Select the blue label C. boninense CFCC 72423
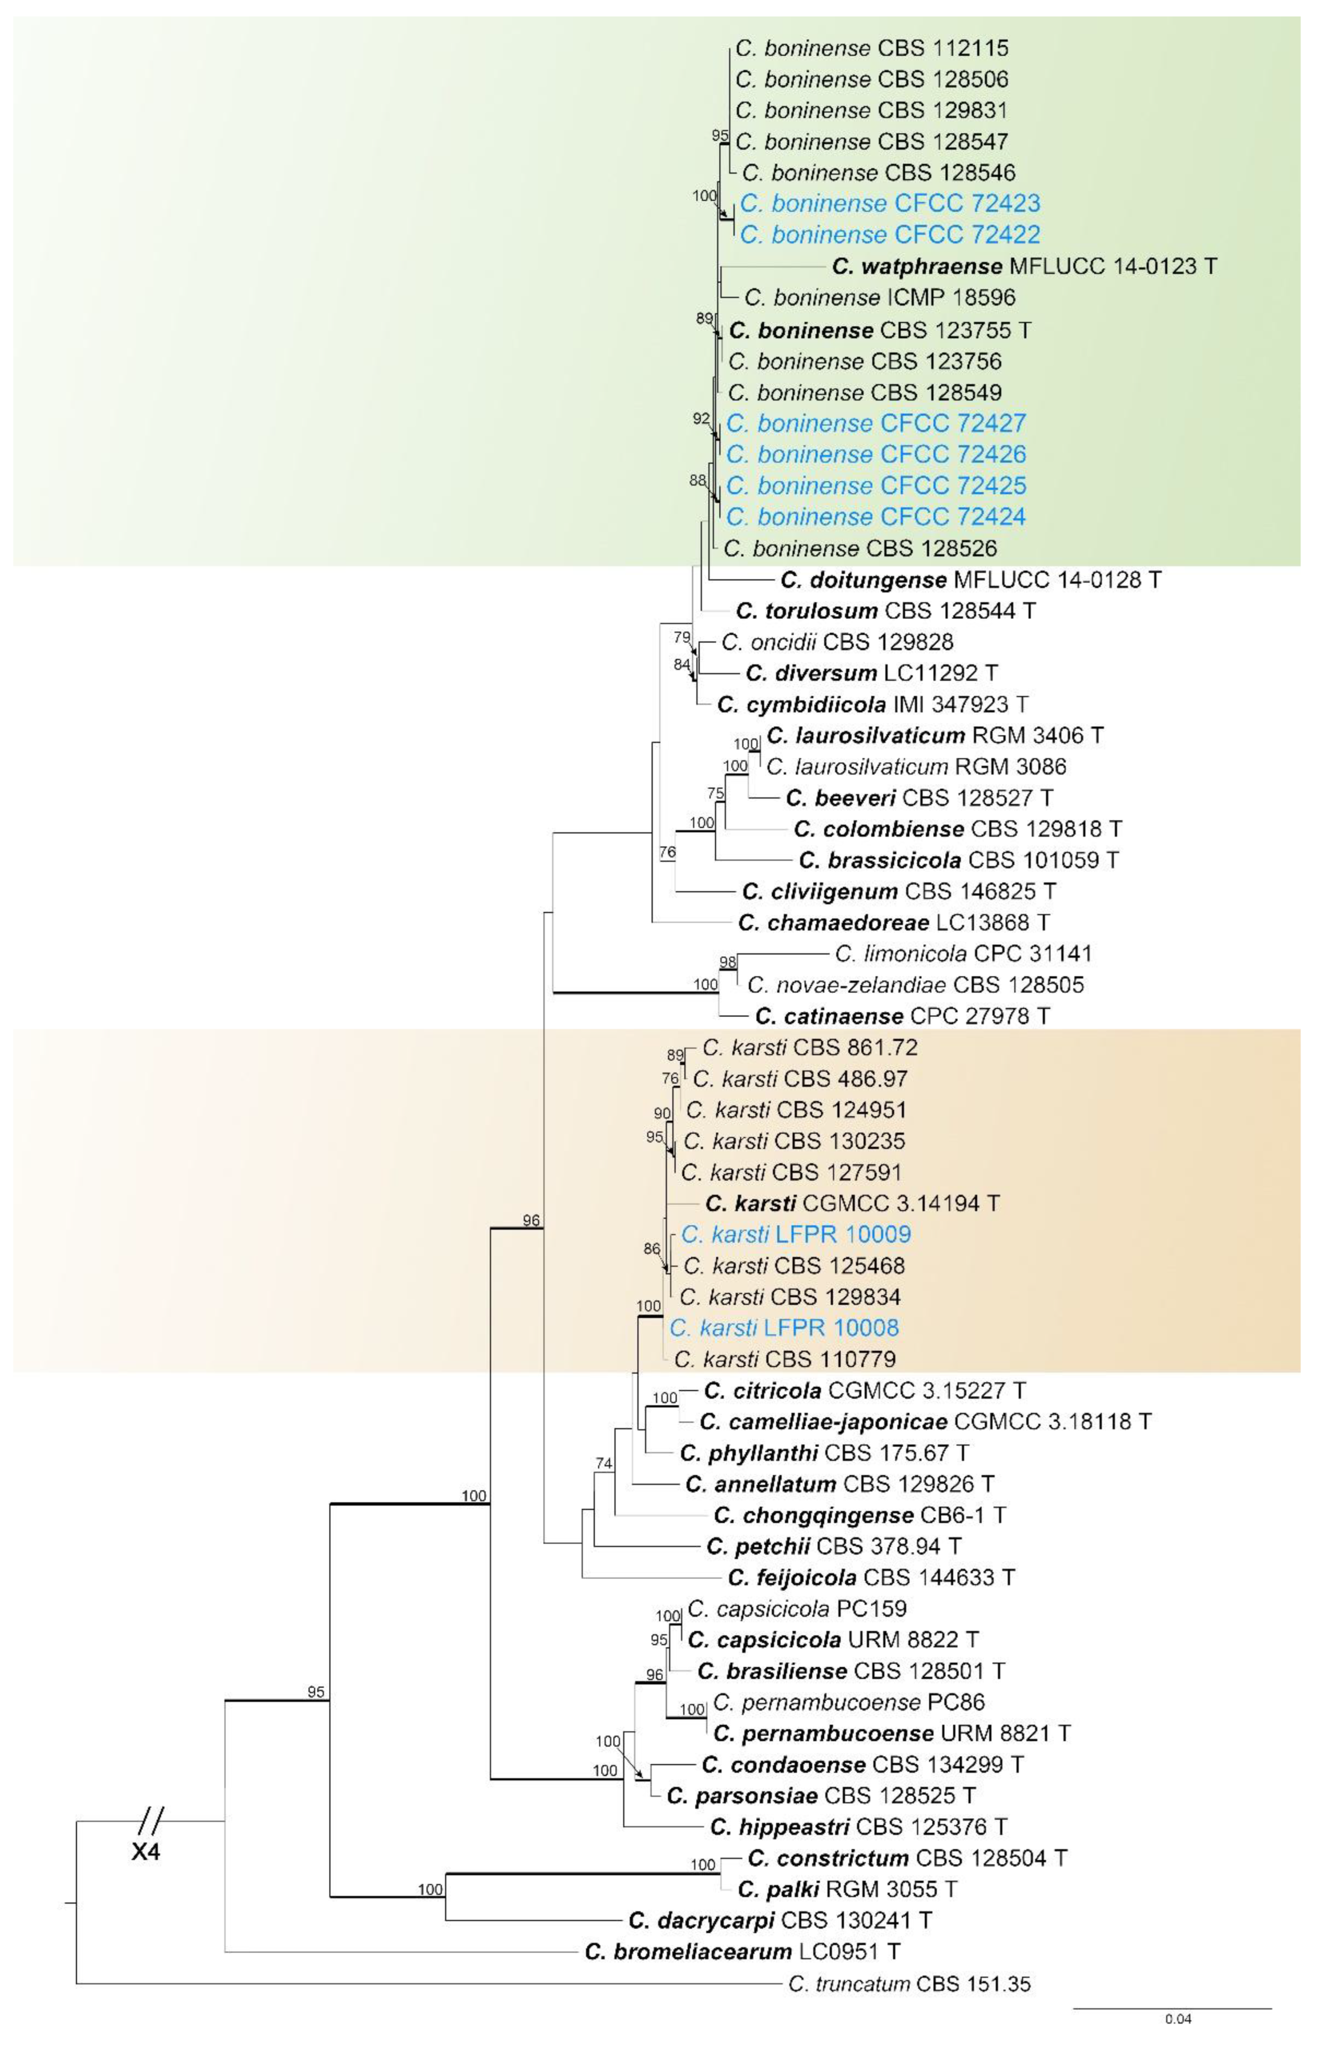(x=890, y=204)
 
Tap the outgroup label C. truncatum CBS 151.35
(x=909, y=1983)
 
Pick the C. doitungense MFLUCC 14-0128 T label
(x=971, y=581)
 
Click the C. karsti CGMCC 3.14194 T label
(x=852, y=1203)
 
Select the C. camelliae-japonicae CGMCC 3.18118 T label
(x=925, y=1422)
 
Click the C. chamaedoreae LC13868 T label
(x=893, y=923)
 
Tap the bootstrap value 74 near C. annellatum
(x=604, y=1464)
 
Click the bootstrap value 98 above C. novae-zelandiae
(x=727, y=962)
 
